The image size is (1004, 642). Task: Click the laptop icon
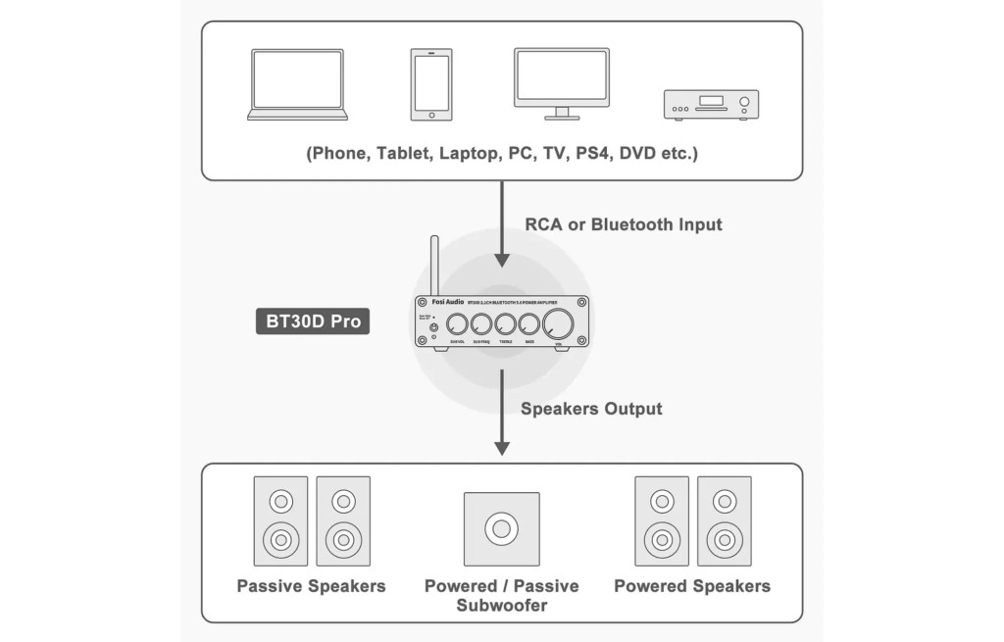click(x=297, y=84)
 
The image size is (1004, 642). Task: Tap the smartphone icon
click(x=431, y=85)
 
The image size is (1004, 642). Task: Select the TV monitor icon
click(x=561, y=82)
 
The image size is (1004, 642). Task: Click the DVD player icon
click(x=711, y=104)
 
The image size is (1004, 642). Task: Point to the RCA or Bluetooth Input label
click(x=624, y=224)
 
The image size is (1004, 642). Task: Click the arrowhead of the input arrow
click(x=502, y=261)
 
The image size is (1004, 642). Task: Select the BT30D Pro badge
click(x=313, y=321)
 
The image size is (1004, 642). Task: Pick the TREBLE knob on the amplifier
click(x=506, y=325)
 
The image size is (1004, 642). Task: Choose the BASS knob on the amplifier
click(x=529, y=325)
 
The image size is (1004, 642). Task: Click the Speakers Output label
click(x=591, y=409)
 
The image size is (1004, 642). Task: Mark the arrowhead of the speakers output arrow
click(x=502, y=448)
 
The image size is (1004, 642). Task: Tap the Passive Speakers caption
click(x=311, y=586)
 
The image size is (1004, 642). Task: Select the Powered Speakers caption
click(x=692, y=586)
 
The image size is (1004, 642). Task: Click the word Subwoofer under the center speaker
click(x=501, y=605)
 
